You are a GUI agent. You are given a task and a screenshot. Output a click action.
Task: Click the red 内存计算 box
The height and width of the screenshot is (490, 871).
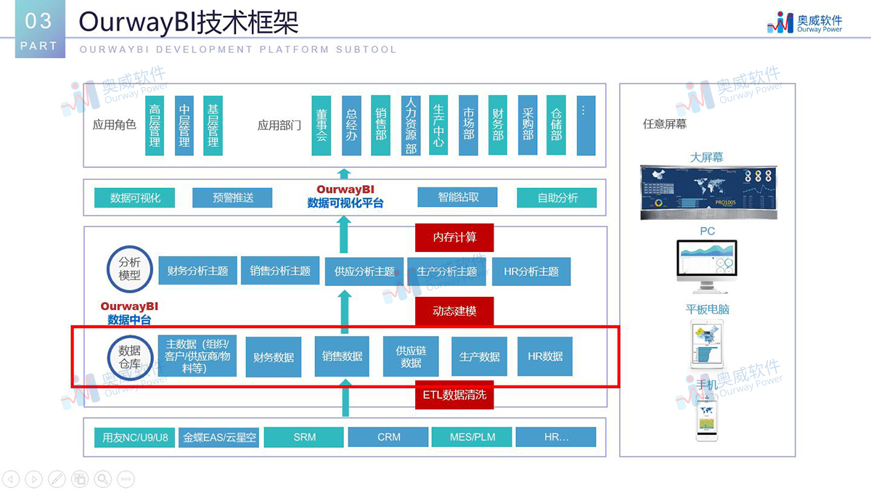(454, 237)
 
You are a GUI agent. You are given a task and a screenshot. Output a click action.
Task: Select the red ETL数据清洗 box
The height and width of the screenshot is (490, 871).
(454, 396)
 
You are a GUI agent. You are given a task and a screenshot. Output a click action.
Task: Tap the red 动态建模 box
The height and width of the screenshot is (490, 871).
(454, 311)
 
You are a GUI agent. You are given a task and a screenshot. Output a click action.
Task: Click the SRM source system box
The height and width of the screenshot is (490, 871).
(304, 437)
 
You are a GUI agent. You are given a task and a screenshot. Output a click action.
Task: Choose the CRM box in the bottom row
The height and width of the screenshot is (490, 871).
(389, 437)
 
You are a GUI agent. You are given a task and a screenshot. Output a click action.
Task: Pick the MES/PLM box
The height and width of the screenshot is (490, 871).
(473, 437)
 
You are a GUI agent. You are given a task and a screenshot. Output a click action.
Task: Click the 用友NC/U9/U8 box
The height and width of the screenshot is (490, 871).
(135, 437)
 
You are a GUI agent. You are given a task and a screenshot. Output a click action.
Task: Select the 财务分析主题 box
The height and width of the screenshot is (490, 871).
(197, 271)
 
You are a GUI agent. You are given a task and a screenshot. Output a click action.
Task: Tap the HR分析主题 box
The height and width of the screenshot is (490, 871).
(531, 271)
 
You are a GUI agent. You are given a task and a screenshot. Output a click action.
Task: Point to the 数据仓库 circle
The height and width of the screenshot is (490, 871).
(130, 356)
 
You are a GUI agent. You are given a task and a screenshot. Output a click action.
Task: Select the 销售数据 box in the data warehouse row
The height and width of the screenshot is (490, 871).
(342, 356)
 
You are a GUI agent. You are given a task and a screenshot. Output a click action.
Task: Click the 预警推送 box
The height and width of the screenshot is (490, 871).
(233, 197)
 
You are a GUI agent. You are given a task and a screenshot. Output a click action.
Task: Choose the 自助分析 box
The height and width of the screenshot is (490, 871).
(557, 197)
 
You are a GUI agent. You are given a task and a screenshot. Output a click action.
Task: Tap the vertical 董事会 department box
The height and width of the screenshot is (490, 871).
(322, 125)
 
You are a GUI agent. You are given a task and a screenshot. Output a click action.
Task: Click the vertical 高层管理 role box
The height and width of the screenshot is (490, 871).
(155, 125)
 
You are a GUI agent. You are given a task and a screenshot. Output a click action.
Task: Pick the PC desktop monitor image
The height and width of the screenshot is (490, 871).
(707, 265)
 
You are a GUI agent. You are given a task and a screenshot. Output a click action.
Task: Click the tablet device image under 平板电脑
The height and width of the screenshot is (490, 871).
(707, 344)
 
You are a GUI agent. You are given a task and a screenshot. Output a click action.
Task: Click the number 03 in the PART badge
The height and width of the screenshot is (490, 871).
(38, 21)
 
